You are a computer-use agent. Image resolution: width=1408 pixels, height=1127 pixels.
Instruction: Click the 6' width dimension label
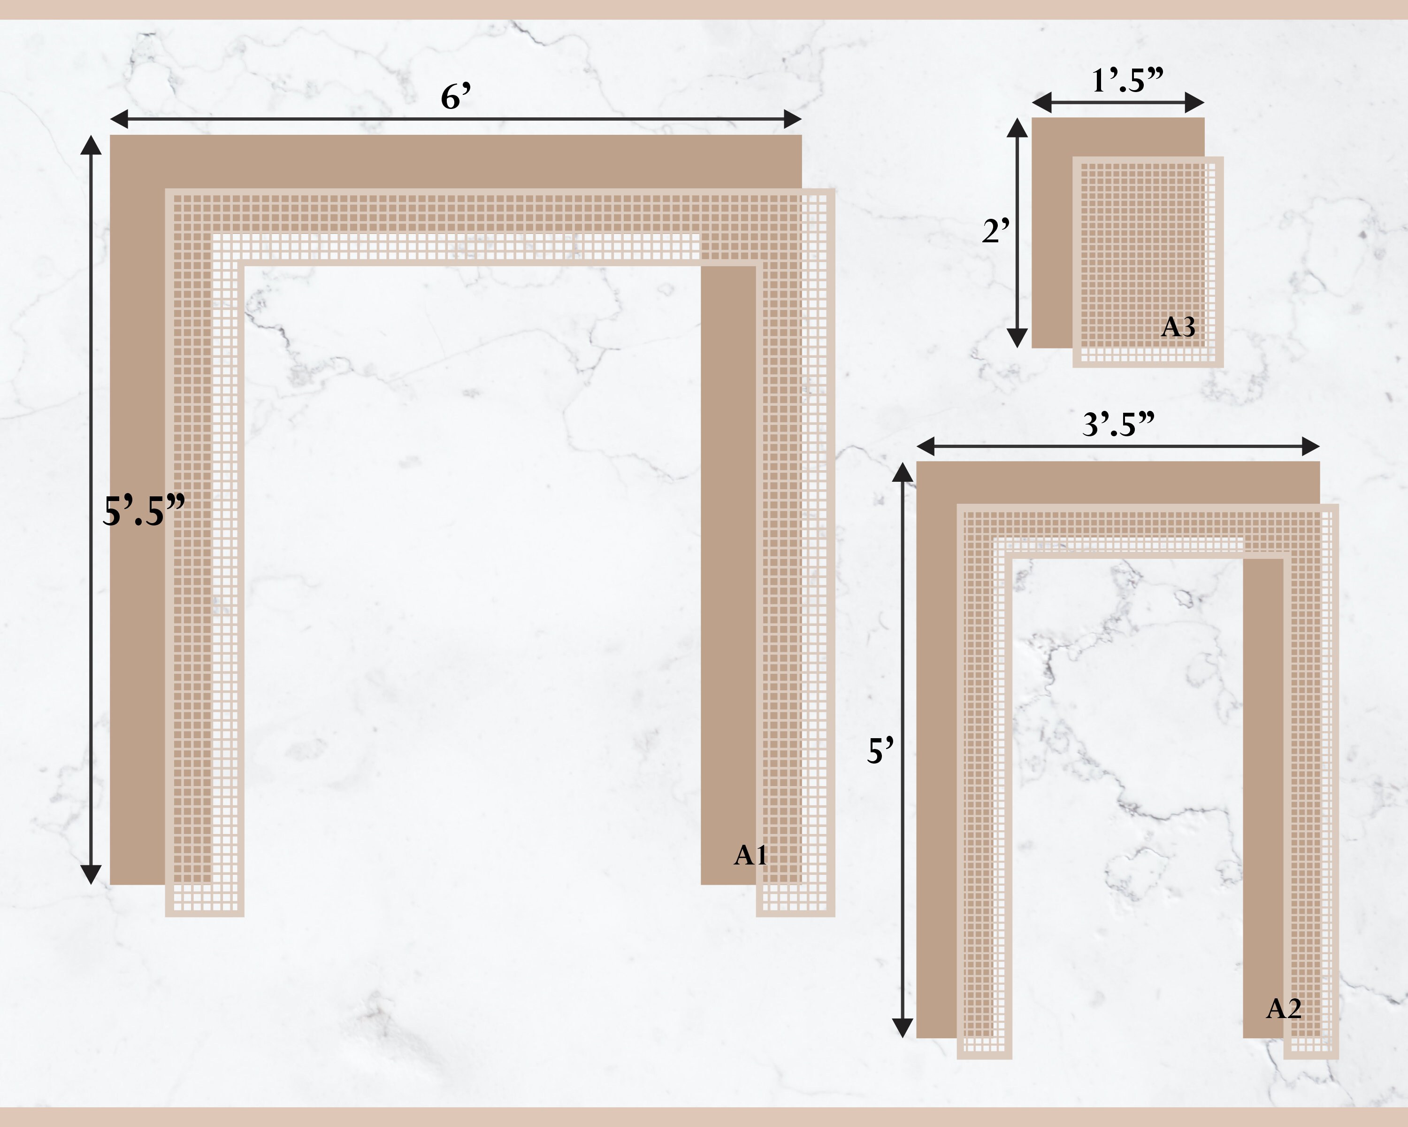pos(456,97)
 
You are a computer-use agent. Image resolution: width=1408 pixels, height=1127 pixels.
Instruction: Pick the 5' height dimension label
pos(880,751)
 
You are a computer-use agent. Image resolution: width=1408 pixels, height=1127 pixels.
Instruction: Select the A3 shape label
pos(1178,327)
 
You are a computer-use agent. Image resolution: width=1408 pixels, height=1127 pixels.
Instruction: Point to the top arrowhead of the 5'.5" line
pos(91,146)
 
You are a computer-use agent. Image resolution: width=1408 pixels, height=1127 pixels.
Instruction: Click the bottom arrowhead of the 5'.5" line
pos(91,874)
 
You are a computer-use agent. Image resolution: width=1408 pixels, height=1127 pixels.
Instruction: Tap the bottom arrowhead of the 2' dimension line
pos(1017,337)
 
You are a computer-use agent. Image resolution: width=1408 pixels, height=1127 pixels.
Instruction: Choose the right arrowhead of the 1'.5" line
pos(1194,102)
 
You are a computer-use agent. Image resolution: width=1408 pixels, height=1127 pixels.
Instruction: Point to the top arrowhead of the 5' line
pos(902,472)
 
